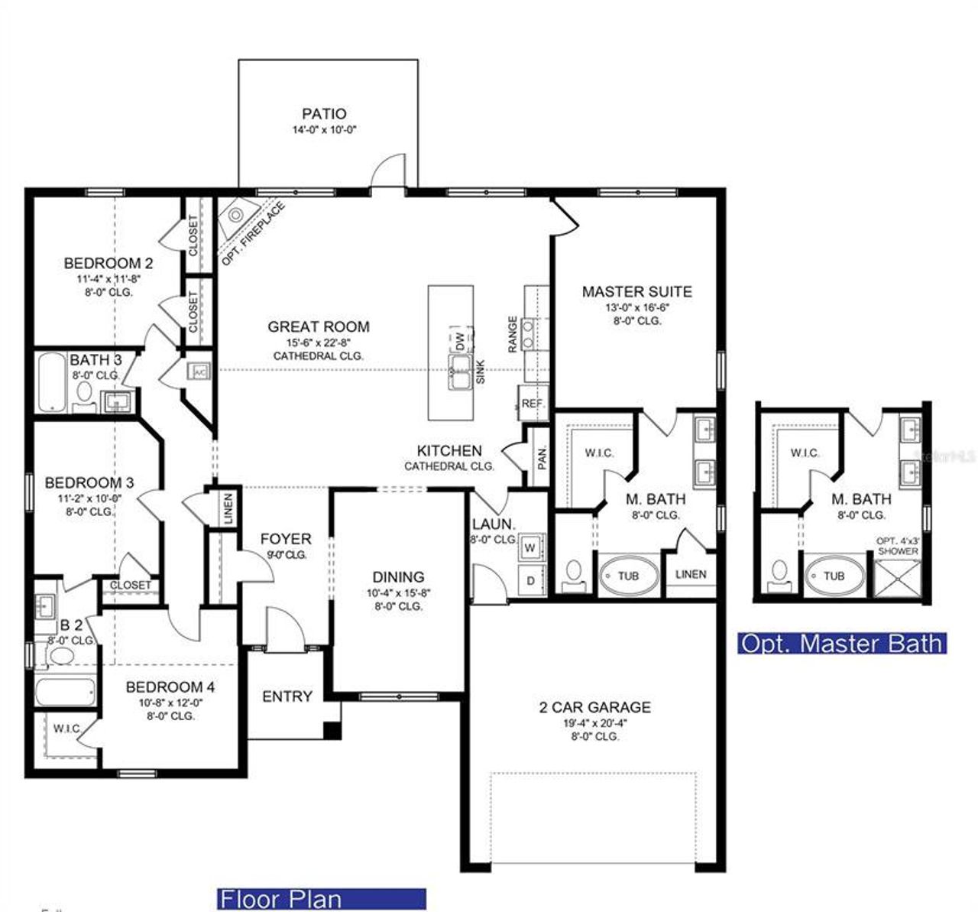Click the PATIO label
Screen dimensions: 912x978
323,114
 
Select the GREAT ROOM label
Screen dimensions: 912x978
318,326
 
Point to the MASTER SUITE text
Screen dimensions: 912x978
636,291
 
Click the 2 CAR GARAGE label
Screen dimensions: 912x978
594,707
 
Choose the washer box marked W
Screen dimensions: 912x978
530,547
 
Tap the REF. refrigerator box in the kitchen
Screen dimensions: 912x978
531,403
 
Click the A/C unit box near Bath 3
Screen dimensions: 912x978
199,372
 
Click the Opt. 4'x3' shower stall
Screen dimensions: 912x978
898,578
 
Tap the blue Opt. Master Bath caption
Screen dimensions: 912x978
842,643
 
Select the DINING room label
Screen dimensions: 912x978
398,577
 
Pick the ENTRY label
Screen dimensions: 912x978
287,696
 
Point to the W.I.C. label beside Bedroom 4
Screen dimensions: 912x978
67,729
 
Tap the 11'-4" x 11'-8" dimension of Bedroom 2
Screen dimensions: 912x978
108,279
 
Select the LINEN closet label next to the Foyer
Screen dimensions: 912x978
228,508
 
